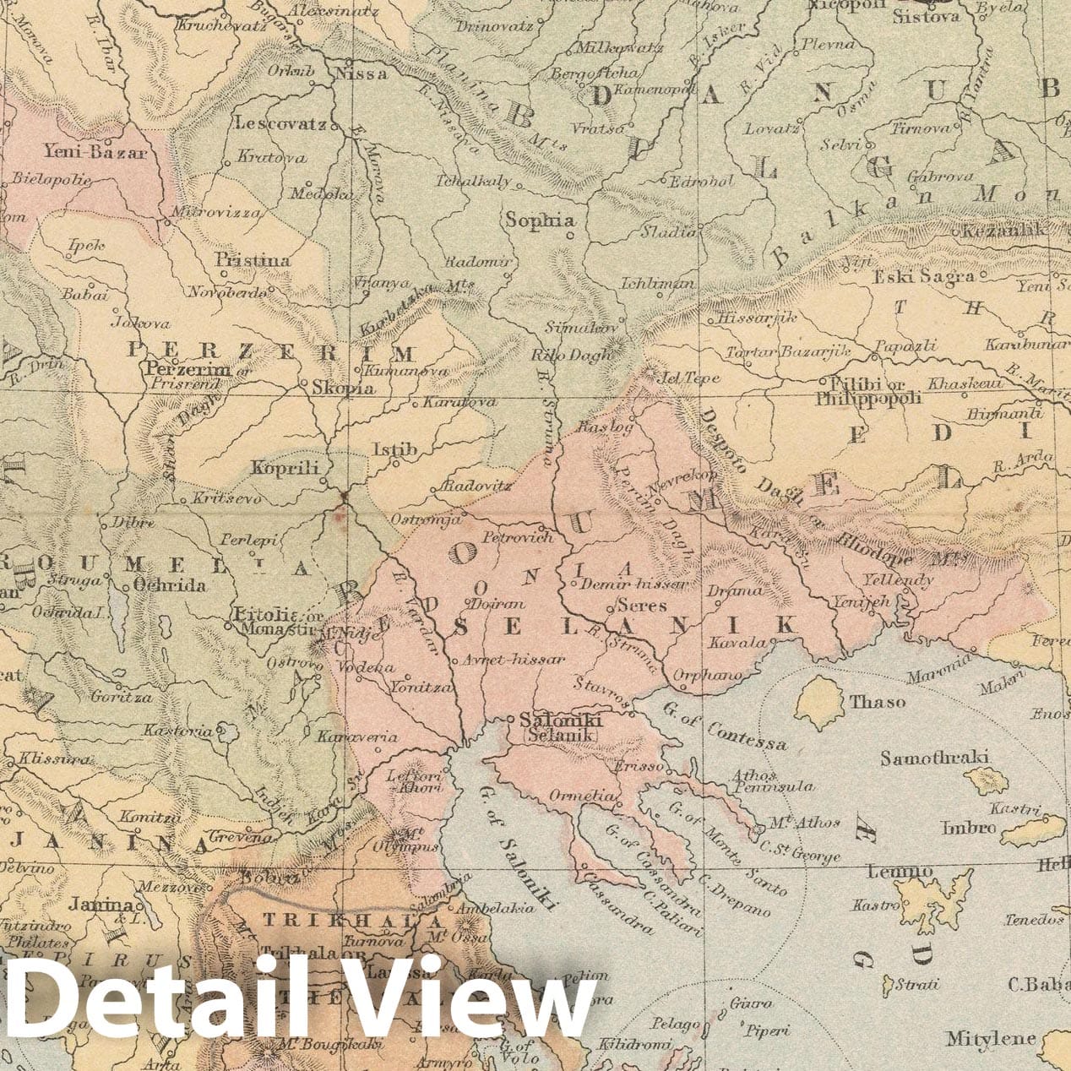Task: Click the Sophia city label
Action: (x=540, y=220)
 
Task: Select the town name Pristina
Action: (x=253, y=260)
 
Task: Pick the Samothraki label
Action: (x=934, y=758)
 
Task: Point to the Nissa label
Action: (x=362, y=73)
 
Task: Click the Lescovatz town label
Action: (x=280, y=123)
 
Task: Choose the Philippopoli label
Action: (x=867, y=398)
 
